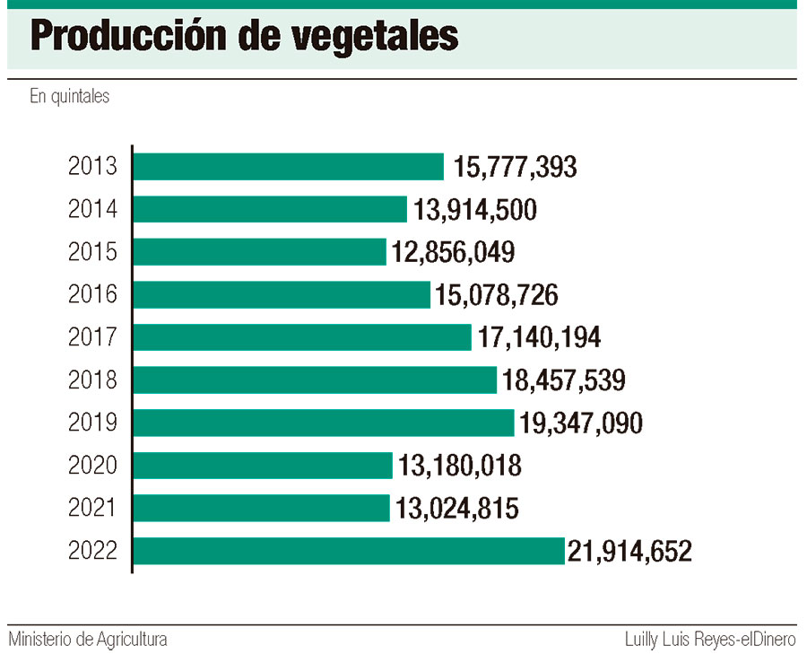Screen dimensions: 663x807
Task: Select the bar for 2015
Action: point(260,252)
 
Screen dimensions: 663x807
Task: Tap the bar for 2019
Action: point(324,423)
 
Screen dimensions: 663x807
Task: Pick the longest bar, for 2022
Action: point(349,551)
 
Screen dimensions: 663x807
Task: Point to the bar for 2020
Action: point(263,465)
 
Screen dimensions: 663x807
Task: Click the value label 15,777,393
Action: point(515,167)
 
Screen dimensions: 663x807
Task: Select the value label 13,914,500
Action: point(475,210)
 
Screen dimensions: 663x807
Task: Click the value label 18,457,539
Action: point(563,380)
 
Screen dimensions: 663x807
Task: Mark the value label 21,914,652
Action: point(630,551)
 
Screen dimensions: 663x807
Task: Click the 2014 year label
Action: point(92,210)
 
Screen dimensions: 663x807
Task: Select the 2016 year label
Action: point(92,295)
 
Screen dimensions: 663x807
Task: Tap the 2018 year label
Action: point(92,380)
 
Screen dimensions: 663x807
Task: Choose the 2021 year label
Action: point(92,509)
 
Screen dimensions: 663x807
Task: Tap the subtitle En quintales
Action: point(69,96)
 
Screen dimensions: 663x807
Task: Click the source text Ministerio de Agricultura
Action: point(88,641)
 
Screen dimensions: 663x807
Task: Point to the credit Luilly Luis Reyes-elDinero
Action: point(710,641)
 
